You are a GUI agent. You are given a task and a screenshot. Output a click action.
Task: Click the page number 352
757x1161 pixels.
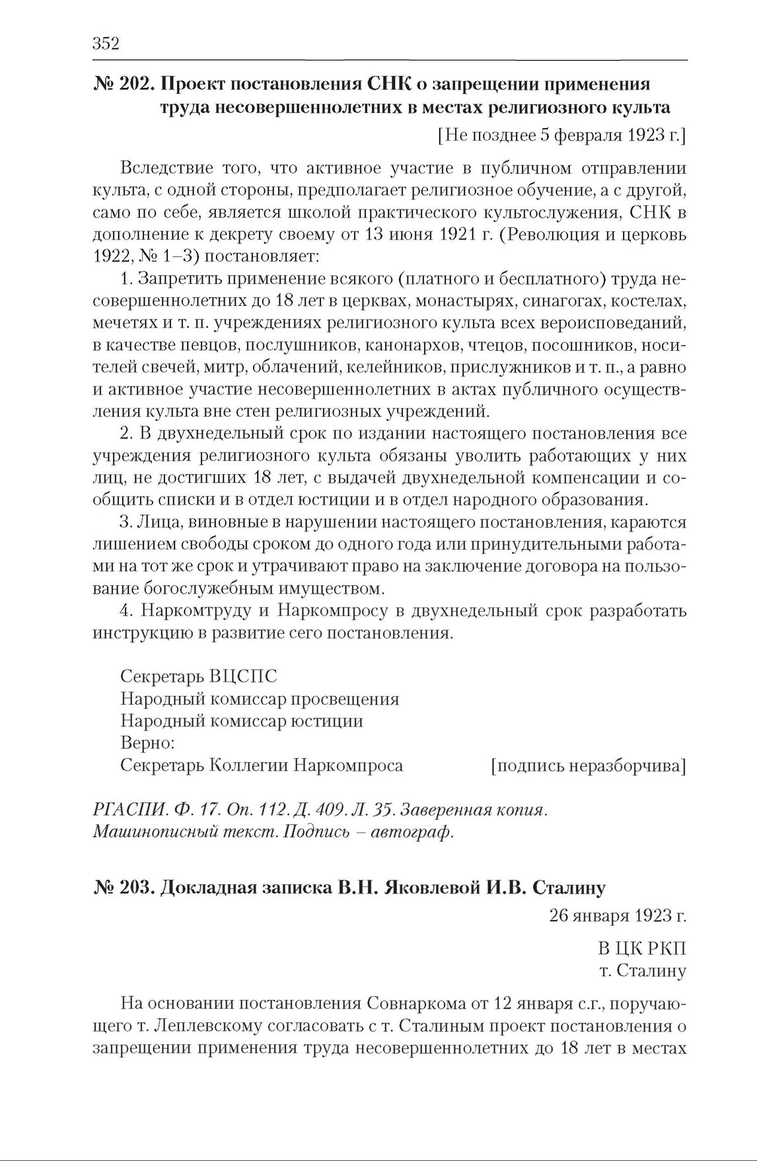(x=106, y=44)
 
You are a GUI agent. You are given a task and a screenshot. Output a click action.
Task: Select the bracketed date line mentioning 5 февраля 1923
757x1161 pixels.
(x=561, y=136)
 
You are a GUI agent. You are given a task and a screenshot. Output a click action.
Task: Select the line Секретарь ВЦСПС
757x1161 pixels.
(x=198, y=678)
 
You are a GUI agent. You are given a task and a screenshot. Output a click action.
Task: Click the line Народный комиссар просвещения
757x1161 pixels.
(x=260, y=699)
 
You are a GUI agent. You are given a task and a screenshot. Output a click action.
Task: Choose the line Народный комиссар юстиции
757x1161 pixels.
(x=242, y=721)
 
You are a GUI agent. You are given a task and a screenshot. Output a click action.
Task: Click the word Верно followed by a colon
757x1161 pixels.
(x=148, y=743)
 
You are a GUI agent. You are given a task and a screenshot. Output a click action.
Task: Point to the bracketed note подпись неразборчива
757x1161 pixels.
(x=588, y=765)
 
